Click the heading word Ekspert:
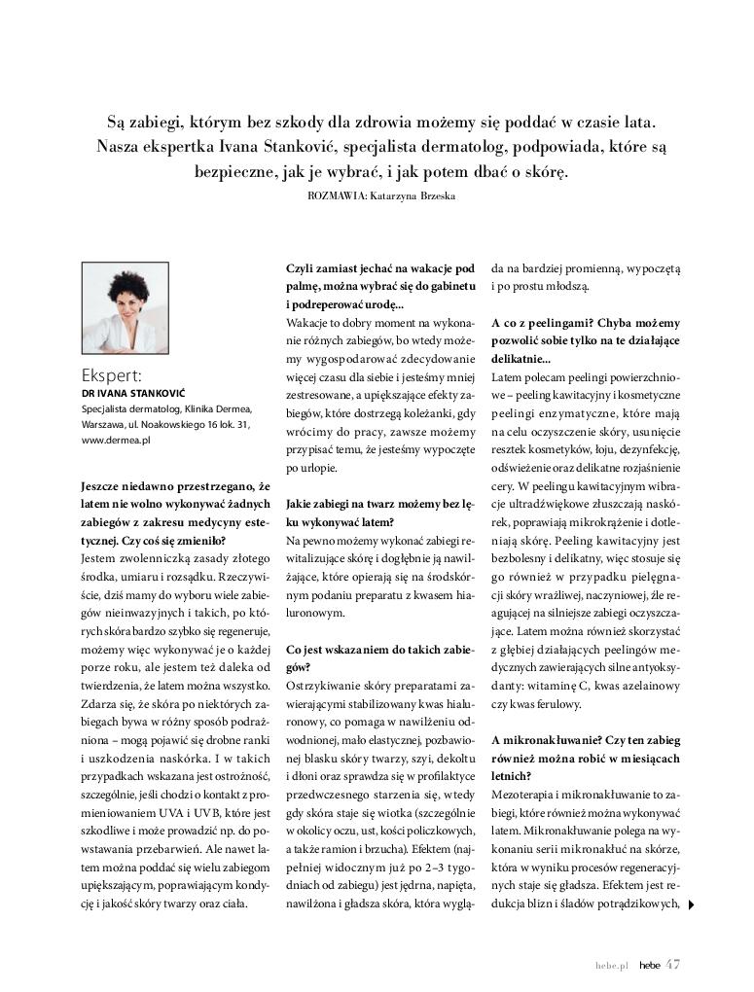[112, 375]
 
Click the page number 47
[672, 964]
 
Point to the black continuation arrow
[691, 904]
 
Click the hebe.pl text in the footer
[612, 965]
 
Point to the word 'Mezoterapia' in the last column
[522, 795]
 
